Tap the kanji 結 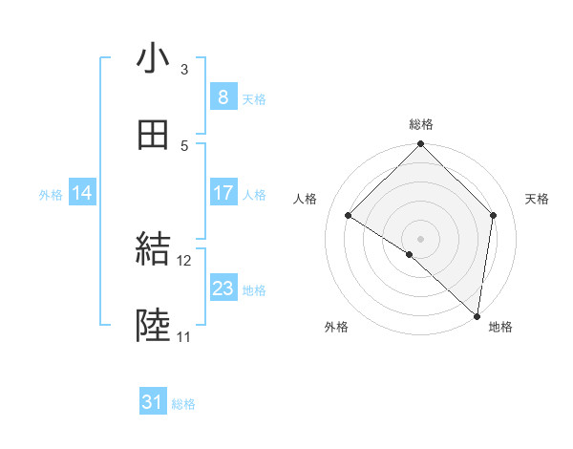tap(153, 250)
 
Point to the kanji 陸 tap(153, 327)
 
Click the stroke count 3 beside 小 tap(183, 70)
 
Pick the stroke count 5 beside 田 tap(183, 145)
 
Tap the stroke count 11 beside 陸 tap(184, 337)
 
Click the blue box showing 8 tap(223, 96)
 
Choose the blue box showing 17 tap(223, 193)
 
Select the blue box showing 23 tap(223, 289)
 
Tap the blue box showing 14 tap(81, 193)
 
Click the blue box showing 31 tap(152, 402)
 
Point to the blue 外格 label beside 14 tap(51, 194)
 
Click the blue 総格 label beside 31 tap(183, 404)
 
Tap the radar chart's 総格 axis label tap(421, 124)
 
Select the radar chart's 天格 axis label tap(537, 199)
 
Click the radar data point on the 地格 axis tap(477, 315)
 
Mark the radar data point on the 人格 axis tap(349, 215)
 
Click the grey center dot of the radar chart tap(421, 238)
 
